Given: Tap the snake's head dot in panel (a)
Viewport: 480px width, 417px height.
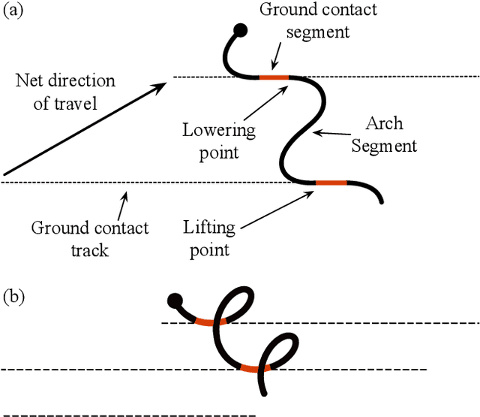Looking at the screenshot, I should pos(241,30).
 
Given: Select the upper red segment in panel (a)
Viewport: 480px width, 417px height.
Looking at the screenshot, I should pos(274,77).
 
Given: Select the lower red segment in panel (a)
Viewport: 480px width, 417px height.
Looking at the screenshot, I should pos(331,183).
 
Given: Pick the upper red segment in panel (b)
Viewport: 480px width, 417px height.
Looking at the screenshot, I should pos(207,323).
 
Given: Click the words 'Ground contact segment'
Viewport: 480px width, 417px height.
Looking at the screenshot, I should pos(318,20).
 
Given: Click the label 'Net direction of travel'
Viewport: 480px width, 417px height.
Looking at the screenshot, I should pos(65,91).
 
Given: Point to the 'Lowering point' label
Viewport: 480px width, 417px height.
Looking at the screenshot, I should pos(219,141).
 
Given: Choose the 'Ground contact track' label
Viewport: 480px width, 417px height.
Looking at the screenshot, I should pos(90,237).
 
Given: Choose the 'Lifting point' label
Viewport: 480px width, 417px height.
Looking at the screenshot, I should pos(209,237).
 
